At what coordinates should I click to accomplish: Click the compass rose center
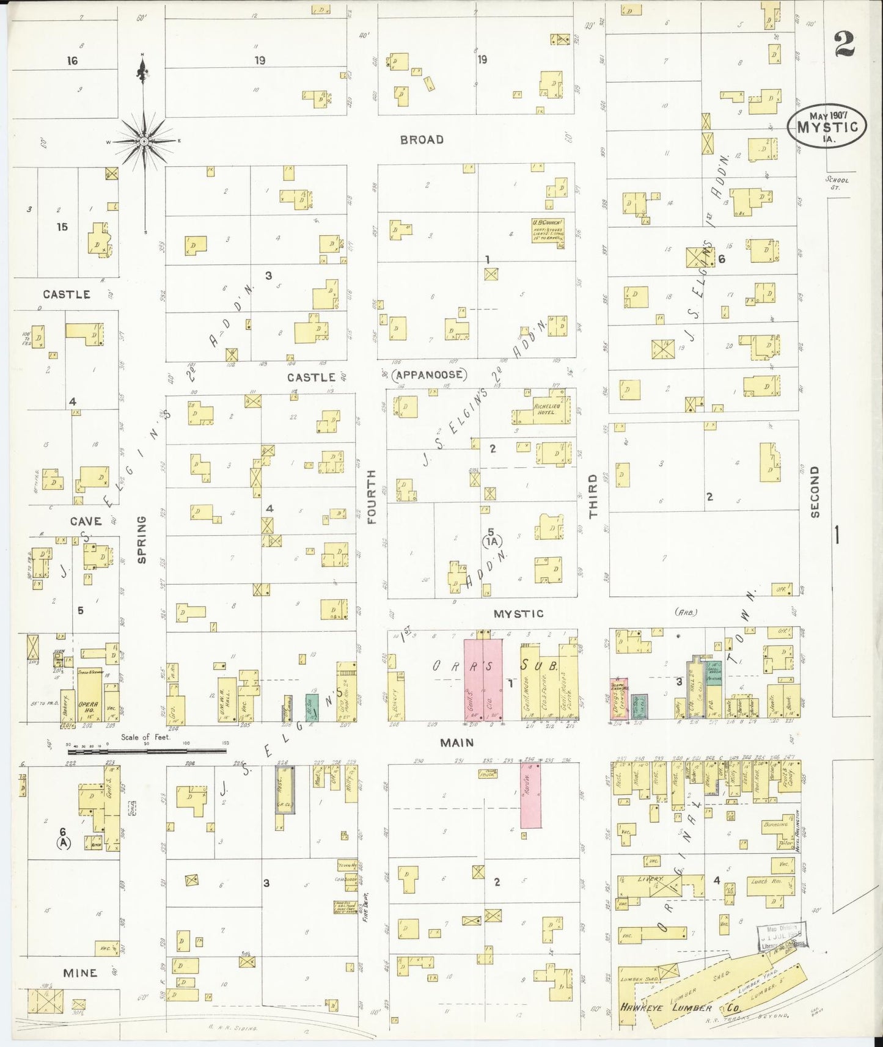click(143, 141)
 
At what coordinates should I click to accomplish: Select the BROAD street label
click(422, 140)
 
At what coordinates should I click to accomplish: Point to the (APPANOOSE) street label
click(429, 374)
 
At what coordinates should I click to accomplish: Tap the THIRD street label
click(593, 505)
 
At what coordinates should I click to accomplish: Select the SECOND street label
click(814, 492)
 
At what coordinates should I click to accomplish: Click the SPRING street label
click(142, 539)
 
